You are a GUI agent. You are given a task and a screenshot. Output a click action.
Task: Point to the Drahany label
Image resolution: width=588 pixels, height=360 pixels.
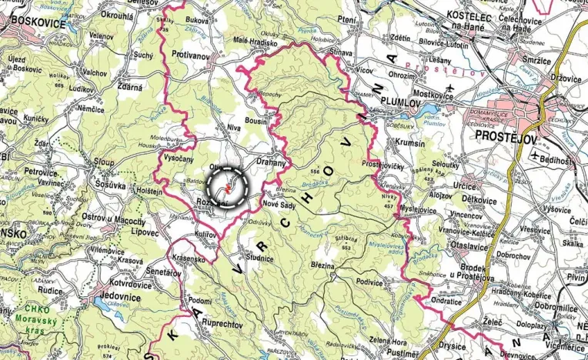(x=270, y=163)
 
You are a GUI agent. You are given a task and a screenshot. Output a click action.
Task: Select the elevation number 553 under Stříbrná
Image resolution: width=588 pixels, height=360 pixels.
(x=347, y=248)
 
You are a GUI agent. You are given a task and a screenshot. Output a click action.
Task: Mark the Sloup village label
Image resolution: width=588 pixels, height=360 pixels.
(x=103, y=164)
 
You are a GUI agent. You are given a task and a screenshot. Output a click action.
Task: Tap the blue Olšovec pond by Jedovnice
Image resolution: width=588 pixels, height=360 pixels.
(x=102, y=305)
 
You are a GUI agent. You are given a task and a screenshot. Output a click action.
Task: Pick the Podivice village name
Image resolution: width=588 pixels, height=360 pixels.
(x=371, y=282)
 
